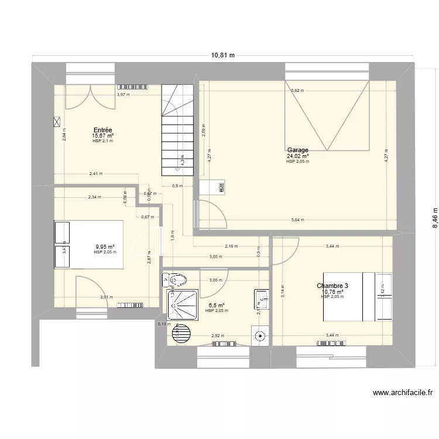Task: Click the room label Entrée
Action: [102, 130]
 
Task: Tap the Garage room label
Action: [297, 150]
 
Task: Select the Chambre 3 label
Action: [332, 286]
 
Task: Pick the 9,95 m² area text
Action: [105, 247]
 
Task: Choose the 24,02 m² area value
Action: [297, 156]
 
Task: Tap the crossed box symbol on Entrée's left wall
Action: [57, 122]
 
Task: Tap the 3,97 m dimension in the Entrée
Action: [123, 94]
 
